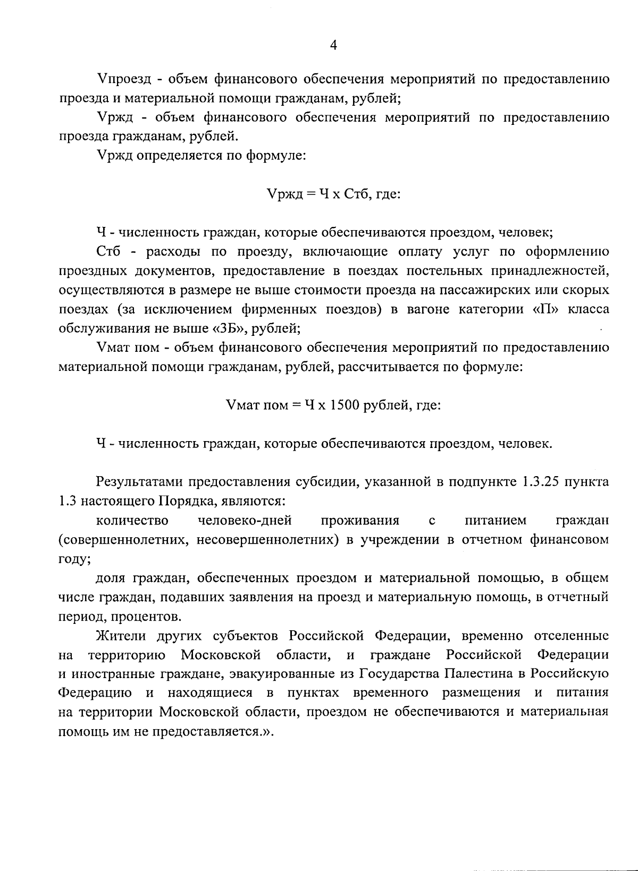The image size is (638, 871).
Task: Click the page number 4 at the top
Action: [x=333, y=46]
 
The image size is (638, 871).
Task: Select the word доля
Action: [x=112, y=578]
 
